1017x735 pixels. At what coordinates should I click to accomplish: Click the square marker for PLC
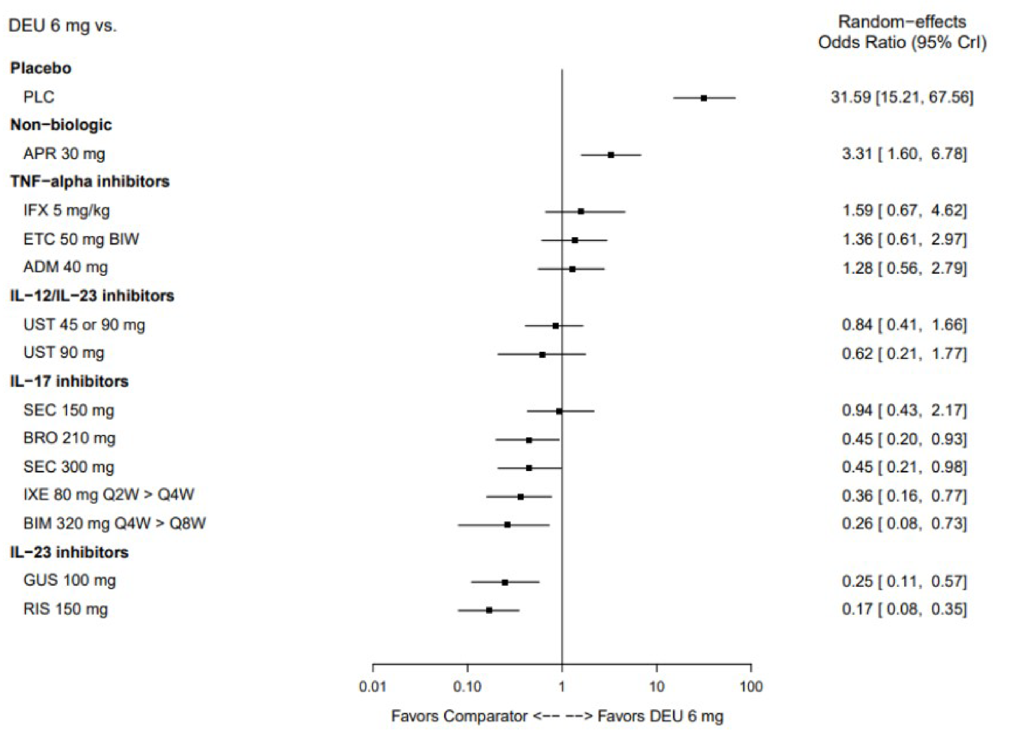pyautogui.click(x=704, y=98)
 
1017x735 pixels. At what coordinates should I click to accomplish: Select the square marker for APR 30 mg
pyautogui.click(x=611, y=155)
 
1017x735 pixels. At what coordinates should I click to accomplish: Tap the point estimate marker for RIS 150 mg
pyautogui.click(x=489, y=610)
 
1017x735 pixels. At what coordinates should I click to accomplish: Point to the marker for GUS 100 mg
pyautogui.click(x=505, y=583)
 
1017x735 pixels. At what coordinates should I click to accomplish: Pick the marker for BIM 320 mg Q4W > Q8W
pyautogui.click(x=507, y=525)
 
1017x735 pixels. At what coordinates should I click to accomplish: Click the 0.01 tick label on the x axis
pyautogui.click(x=372, y=687)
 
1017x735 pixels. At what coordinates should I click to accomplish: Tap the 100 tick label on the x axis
pyautogui.click(x=751, y=687)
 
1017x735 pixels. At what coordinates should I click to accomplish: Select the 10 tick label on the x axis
pyautogui.click(x=656, y=687)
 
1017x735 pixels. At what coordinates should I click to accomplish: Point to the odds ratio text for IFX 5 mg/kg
pyautogui.click(x=904, y=211)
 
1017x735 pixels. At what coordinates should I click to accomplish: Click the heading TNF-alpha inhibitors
pyautogui.click(x=90, y=182)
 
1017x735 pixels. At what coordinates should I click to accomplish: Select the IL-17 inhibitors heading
pyautogui.click(x=69, y=381)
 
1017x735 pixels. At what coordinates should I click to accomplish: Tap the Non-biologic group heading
pyautogui.click(x=61, y=125)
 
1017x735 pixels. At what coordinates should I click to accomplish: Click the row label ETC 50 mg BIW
pyautogui.click(x=81, y=240)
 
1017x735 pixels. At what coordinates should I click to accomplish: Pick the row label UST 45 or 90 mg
pyautogui.click(x=84, y=325)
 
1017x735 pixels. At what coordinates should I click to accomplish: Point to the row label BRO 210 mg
pyautogui.click(x=69, y=439)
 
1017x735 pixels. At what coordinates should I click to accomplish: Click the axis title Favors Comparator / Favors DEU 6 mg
pyautogui.click(x=557, y=716)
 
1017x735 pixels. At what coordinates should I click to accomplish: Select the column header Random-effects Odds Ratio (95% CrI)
pyautogui.click(x=902, y=32)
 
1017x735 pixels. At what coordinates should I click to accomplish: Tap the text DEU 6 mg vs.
pyautogui.click(x=63, y=26)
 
